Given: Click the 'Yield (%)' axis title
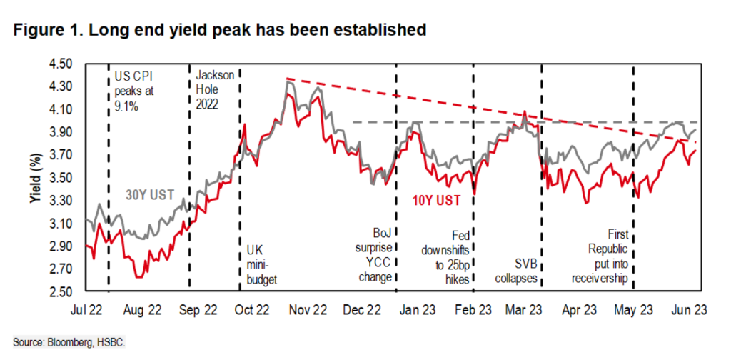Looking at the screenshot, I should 34,178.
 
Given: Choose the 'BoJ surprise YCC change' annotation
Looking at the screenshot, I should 373,254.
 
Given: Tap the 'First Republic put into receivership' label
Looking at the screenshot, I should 608,256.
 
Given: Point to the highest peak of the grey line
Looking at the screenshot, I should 287,82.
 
